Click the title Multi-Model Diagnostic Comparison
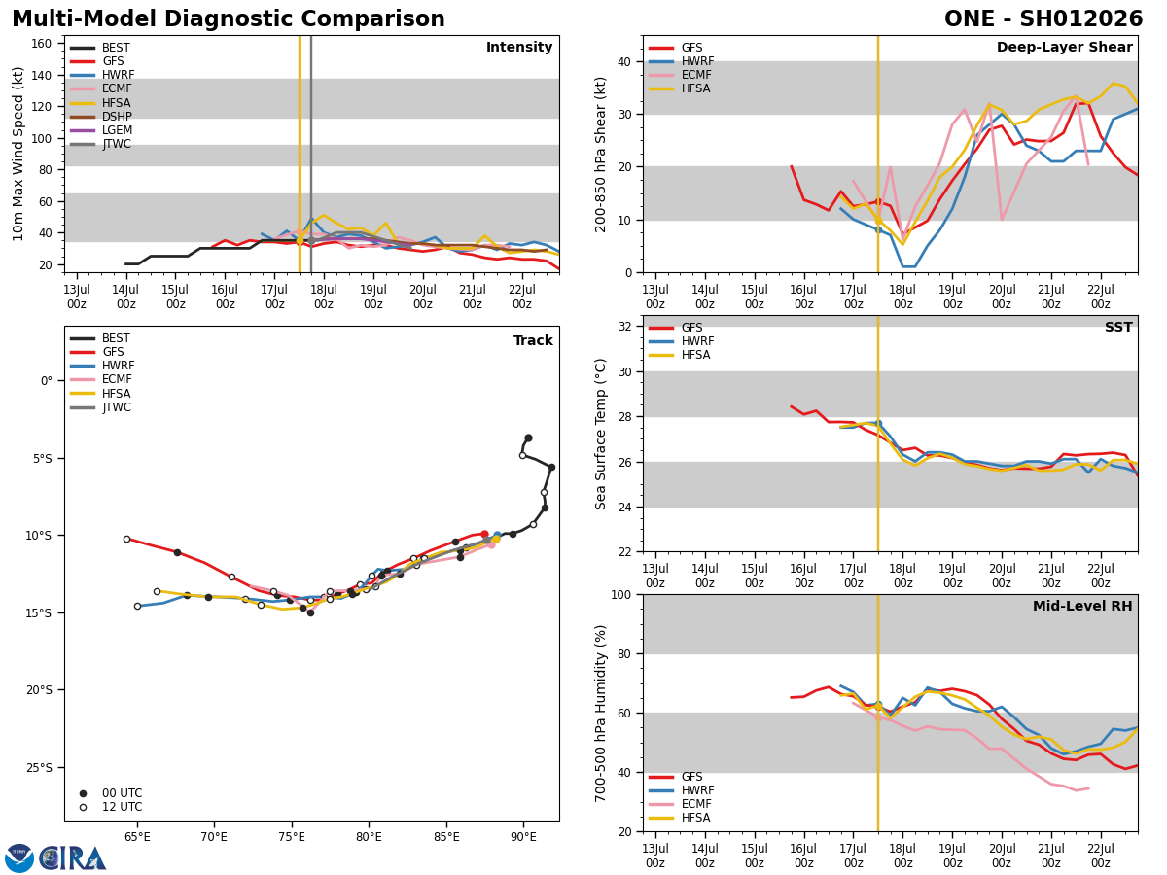click(229, 19)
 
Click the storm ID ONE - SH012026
click(1043, 19)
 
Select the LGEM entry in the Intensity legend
click(117, 130)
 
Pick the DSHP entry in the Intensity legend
click(117, 117)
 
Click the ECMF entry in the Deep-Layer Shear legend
click(697, 75)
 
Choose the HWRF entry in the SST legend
click(697, 341)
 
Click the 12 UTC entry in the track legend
click(122, 807)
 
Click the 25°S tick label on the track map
click(39, 767)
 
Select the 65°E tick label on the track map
click(137, 837)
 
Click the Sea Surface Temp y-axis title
click(601, 434)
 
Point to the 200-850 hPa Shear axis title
click(601, 154)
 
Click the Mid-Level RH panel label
click(1081, 607)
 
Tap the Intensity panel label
click(519, 48)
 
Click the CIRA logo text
click(73, 858)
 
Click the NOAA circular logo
click(19, 858)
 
